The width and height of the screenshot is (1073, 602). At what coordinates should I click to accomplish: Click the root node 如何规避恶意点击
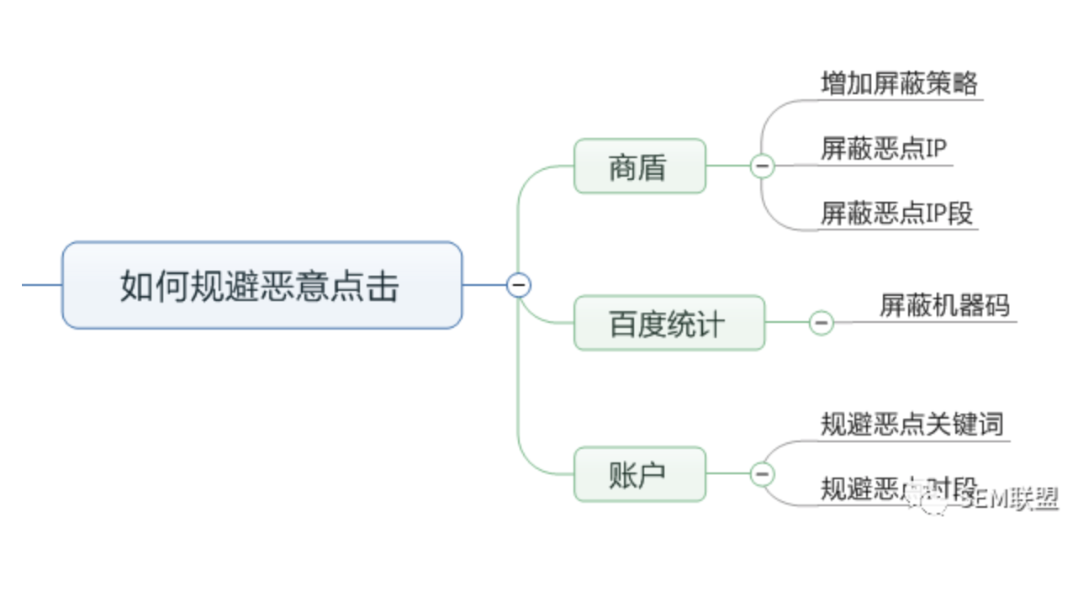tap(262, 286)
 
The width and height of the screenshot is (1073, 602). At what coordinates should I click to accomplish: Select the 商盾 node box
tap(639, 166)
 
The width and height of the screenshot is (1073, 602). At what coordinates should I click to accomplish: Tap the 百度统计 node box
tap(669, 323)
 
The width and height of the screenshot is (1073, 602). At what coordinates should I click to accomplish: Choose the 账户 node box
tap(639, 474)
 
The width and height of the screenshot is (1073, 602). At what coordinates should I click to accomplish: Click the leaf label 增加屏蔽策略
tap(899, 83)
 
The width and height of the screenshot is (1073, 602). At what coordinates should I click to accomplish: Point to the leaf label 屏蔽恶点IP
tap(884, 149)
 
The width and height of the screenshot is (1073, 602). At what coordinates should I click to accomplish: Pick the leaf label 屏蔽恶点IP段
tap(896, 213)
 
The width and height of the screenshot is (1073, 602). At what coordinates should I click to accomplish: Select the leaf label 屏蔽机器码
tap(945, 305)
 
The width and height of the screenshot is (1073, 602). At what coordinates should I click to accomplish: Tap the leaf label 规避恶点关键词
tap(912, 423)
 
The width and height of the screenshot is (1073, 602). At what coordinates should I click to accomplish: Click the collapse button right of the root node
tap(519, 285)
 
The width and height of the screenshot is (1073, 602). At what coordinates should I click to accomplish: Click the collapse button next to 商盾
tap(763, 166)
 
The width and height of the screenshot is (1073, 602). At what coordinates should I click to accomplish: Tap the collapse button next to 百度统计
tap(822, 322)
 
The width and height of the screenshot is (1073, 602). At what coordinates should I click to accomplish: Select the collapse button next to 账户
tap(763, 474)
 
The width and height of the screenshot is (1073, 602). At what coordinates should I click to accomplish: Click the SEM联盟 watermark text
tap(1009, 499)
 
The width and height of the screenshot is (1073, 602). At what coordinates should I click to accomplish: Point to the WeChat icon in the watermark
tap(934, 502)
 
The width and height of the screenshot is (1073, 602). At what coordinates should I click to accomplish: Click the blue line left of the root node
tap(41, 285)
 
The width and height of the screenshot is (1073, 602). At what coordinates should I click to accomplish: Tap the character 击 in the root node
tap(383, 286)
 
